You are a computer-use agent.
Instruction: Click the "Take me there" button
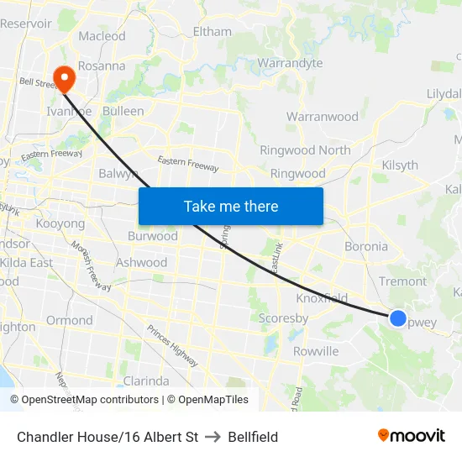(x=231, y=206)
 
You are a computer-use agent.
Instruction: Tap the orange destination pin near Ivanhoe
(x=64, y=79)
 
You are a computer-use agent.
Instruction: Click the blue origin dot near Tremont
(x=398, y=318)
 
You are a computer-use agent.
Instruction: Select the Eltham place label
(x=212, y=32)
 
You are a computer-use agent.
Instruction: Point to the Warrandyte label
(x=290, y=63)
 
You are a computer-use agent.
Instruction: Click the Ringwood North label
(x=305, y=150)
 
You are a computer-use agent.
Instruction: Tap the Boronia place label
(x=366, y=247)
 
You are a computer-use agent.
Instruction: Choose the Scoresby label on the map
(x=283, y=318)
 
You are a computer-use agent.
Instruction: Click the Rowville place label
(x=316, y=351)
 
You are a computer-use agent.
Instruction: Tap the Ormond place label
(x=70, y=320)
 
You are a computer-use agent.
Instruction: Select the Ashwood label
(x=141, y=263)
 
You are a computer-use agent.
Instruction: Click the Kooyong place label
(x=60, y=224)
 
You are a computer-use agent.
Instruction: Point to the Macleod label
(x=102, y=36)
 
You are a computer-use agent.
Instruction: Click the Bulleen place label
(x=123, y=111)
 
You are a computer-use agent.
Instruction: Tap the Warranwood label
(x=323, y=117)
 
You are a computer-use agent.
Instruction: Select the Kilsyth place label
(x=400, y=165)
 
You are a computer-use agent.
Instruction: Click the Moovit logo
(x=411, y=435)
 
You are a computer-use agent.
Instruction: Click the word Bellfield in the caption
(x=253, y=437)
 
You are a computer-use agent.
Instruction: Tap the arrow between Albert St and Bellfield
(x=213, y=437)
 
